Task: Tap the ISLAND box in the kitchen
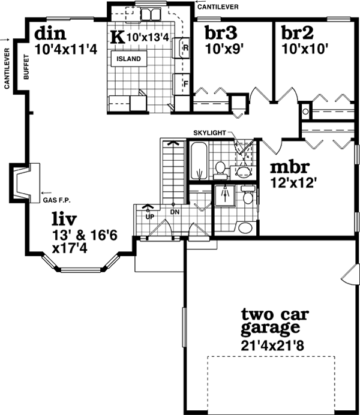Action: point(128,59)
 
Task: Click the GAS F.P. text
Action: point(55,200)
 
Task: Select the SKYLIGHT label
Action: point(209,132)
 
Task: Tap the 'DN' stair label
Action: point(175,212)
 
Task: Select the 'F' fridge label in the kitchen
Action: point(185,84)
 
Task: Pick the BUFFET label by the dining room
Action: point(26,65)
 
